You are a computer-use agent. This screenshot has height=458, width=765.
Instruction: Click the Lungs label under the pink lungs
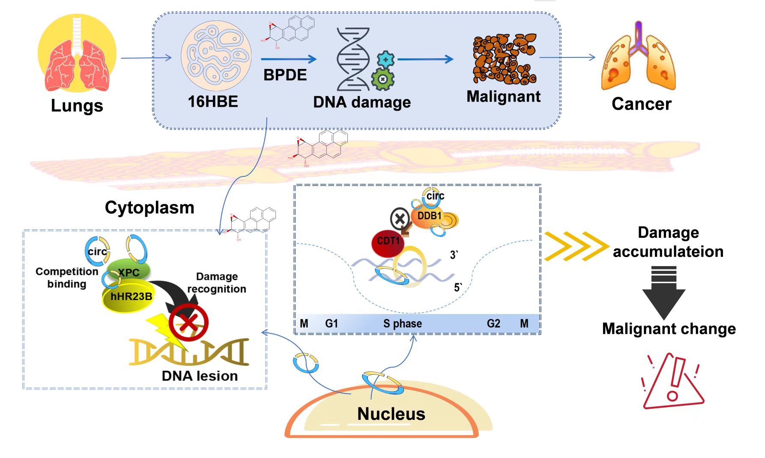(x=77, y=105)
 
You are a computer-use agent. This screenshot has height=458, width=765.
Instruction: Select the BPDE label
(x=285, y=75)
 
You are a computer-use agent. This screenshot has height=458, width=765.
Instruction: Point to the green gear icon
(x=382, y=79)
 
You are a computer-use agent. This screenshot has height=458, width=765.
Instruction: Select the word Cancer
(x=641, y=104)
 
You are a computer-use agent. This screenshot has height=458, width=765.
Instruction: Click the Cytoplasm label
(x=149, y=207)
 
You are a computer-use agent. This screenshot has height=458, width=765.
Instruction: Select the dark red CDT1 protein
(x=388, y=242)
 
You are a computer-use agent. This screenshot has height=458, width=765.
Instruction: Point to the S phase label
(x=402, y=323)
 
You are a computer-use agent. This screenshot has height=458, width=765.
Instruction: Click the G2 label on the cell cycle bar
(x=493, y=323)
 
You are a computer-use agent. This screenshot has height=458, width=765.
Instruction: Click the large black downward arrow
(x=663, y=293)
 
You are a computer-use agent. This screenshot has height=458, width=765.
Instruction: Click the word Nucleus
(x=391, y=414)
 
